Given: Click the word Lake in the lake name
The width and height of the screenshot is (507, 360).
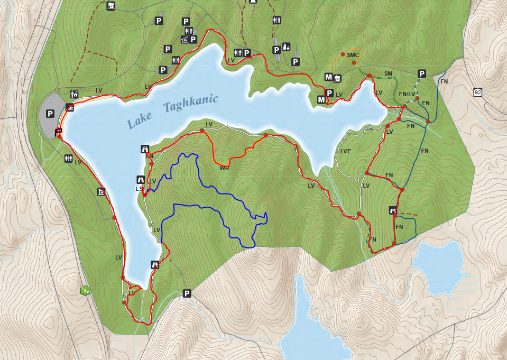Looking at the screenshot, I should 140,119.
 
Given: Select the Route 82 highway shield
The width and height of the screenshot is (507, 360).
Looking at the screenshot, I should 478,93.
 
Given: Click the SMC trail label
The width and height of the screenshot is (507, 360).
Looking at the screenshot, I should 354,55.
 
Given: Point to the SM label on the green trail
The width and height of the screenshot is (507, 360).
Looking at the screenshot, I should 389,73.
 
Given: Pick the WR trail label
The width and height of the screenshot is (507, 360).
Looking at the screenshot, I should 224,169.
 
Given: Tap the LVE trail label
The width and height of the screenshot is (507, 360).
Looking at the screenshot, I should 346,151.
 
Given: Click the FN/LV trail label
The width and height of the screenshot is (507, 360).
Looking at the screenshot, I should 408,95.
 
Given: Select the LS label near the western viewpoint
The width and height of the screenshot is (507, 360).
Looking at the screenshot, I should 139,189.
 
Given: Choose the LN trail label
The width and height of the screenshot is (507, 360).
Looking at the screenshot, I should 149,156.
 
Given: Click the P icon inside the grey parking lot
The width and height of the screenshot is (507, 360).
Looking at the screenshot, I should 50,113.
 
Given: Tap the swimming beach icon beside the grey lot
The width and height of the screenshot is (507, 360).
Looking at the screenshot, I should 70,107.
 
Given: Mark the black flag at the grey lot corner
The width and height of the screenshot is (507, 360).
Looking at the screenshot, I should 58,132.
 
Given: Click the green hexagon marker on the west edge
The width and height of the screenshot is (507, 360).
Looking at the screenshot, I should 84,290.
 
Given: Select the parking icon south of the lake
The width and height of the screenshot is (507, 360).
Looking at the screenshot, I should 186,293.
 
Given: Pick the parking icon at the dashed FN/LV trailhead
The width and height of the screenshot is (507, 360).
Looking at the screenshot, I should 422,73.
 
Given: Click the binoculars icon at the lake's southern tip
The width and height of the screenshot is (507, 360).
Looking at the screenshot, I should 155,264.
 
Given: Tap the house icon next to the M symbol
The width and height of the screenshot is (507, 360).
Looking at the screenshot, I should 337,78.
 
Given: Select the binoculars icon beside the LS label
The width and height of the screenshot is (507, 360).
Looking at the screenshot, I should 141,179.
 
